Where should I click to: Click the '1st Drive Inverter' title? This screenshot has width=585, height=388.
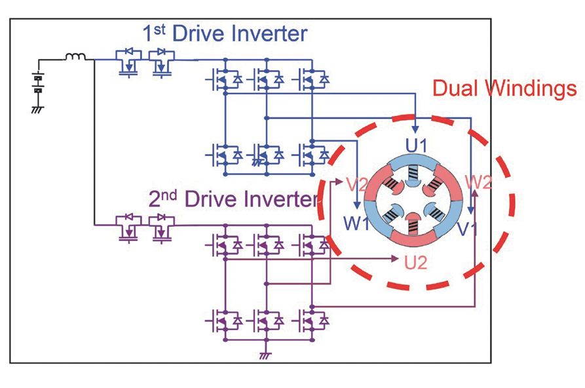[x=224, y=32]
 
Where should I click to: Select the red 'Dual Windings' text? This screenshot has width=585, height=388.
[x=504, y=88]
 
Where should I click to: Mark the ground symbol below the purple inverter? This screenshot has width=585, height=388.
[x=265, y=355]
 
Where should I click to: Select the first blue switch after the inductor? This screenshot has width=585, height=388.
[x=128, y=62]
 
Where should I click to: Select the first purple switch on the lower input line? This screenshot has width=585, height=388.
[x=128, y=227]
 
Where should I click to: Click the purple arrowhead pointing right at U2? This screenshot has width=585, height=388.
[x=396, y=257]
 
